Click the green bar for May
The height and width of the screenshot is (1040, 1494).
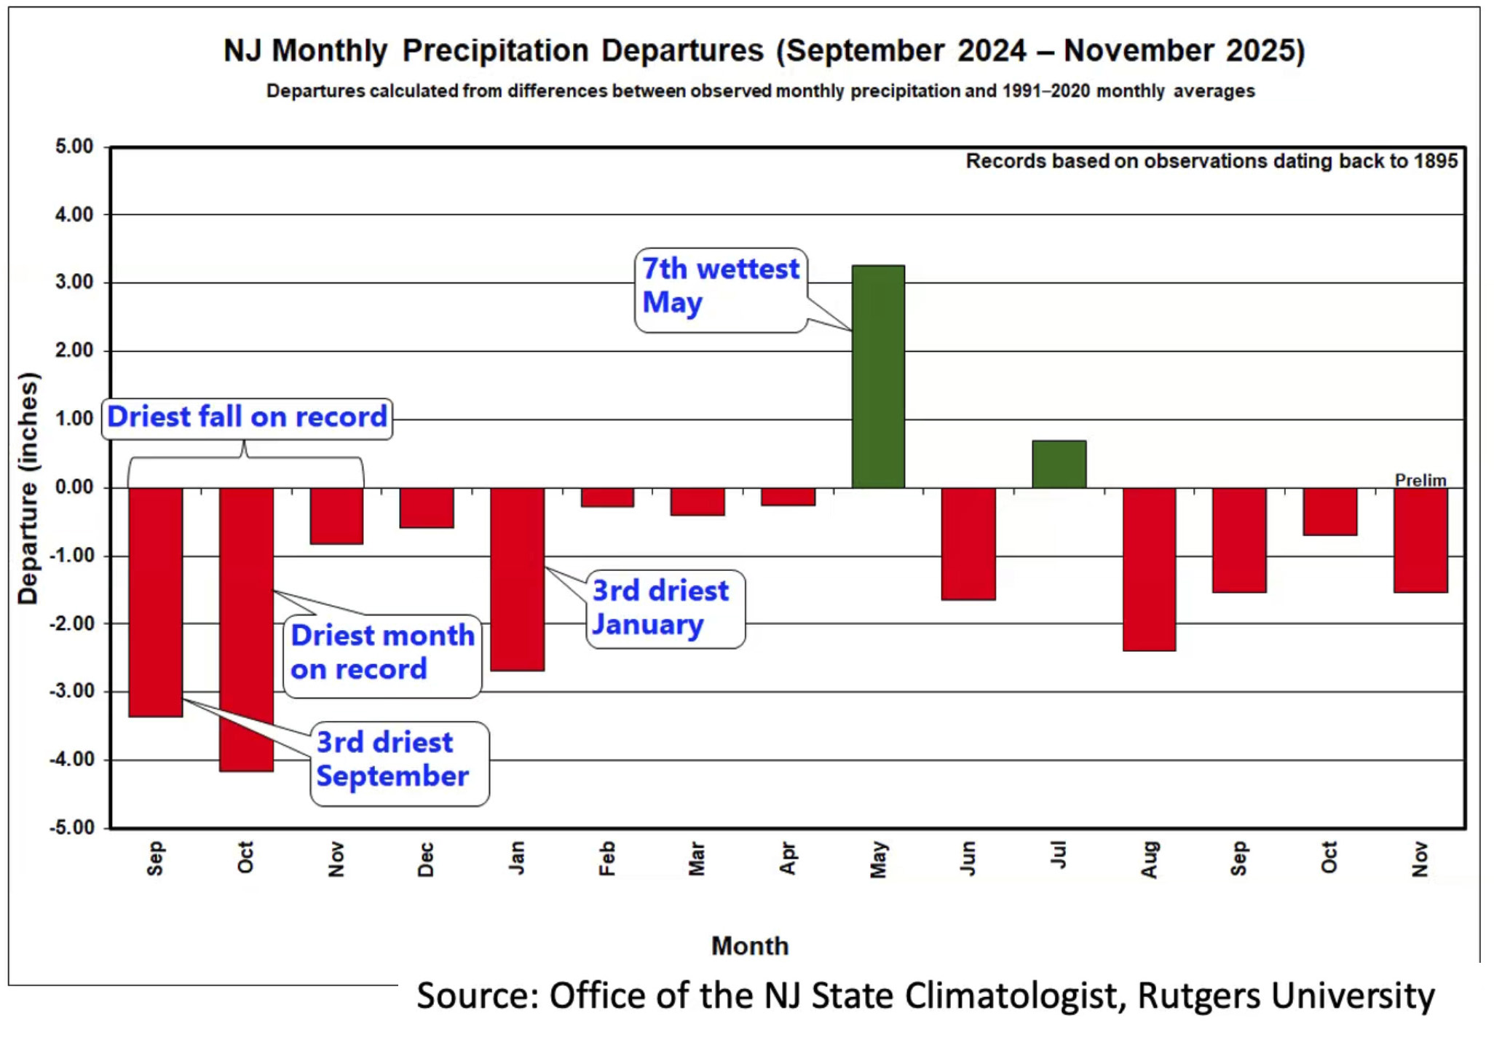tap(878, 377)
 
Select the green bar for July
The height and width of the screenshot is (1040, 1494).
tap(1059, 464)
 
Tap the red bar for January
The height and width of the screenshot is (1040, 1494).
tap(517, 579)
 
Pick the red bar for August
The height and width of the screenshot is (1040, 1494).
tap(1149, 569)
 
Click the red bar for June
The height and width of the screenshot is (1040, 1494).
tap(968, 543)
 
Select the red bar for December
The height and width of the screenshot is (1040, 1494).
tap(427, 508)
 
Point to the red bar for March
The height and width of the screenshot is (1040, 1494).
tap(697, 502)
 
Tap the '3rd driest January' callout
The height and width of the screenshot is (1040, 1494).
tap(664, 608)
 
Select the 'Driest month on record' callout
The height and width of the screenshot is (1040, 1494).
tap(382, 653)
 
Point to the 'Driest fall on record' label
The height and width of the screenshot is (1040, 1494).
tap(247, 417)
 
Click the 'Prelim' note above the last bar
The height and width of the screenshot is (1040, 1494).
tap(1420, 480)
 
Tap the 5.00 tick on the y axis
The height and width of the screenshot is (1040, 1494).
tap(74, 146)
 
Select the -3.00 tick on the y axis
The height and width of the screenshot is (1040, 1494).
tap(71, 691)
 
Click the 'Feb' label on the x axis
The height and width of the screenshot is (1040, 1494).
tap(607, 859)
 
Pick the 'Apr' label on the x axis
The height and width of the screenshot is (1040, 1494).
tap(788, 859)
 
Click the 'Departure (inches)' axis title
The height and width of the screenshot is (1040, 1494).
tap(28, 488)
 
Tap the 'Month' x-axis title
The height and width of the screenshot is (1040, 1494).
tap(749, 946)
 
